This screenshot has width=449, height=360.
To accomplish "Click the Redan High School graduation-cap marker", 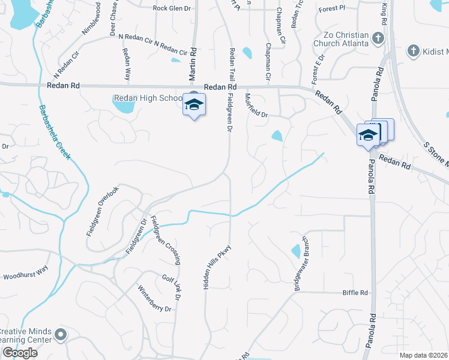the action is point(193,106).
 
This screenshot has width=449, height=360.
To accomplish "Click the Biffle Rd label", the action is point(355,293).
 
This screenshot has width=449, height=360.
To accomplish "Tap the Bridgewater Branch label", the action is point(301,263).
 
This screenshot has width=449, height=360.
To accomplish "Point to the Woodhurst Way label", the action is point(25,276).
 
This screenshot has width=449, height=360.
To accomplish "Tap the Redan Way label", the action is point(127,65).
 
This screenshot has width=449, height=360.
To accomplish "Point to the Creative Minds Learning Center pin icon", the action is point(60,334).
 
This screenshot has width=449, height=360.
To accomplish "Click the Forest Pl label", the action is point(332,8).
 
